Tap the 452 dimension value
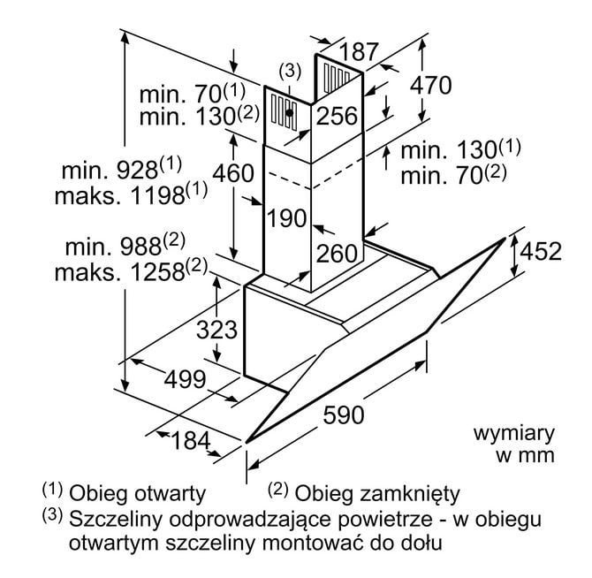540,252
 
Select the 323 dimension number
216,331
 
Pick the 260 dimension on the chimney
337,254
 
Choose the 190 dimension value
286,217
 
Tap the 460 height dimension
233,173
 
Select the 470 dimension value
430,85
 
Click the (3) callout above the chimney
290,71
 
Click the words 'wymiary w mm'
513,445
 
